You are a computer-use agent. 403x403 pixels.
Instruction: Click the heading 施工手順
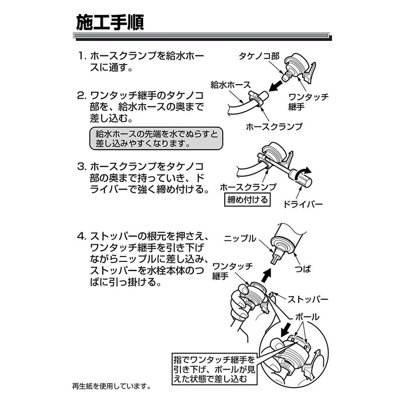110,23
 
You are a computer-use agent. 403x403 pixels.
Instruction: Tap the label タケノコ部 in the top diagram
259,56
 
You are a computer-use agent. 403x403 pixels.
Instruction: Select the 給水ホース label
230,85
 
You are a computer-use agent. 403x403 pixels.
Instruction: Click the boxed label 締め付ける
247,199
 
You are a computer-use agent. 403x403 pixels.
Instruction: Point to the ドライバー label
303,205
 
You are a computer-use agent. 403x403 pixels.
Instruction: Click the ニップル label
240,238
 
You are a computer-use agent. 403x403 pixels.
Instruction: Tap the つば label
303,269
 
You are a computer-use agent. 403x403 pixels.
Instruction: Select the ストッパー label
308,299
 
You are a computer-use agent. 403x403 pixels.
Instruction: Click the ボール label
307,317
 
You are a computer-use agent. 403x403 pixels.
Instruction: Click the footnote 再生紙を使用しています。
111,386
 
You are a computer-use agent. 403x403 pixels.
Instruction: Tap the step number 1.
82,56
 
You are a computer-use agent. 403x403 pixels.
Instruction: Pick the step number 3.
82,167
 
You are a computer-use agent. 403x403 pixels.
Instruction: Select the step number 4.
82,236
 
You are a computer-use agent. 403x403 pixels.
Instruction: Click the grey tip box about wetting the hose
156,138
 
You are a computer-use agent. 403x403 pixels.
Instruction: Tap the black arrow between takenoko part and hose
275,86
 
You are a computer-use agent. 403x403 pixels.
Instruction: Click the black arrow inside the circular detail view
286,330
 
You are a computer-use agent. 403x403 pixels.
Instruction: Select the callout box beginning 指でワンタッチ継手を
215,369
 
